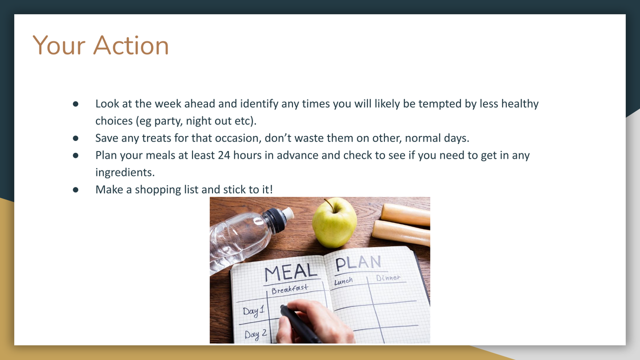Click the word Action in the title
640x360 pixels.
131,45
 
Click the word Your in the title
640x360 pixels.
59,45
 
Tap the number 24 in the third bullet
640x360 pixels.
224,155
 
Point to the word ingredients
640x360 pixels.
125,172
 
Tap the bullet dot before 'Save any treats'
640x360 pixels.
75,138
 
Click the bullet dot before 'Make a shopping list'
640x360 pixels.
75,189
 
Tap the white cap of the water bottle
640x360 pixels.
288,213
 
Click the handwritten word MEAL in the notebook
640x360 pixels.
290,272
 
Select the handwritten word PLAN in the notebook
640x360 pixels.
358,263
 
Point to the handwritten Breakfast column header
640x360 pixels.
289,289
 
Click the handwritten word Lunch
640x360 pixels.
343,281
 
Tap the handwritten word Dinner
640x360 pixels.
388,277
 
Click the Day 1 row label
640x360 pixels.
253,310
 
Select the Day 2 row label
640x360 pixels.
255,334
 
